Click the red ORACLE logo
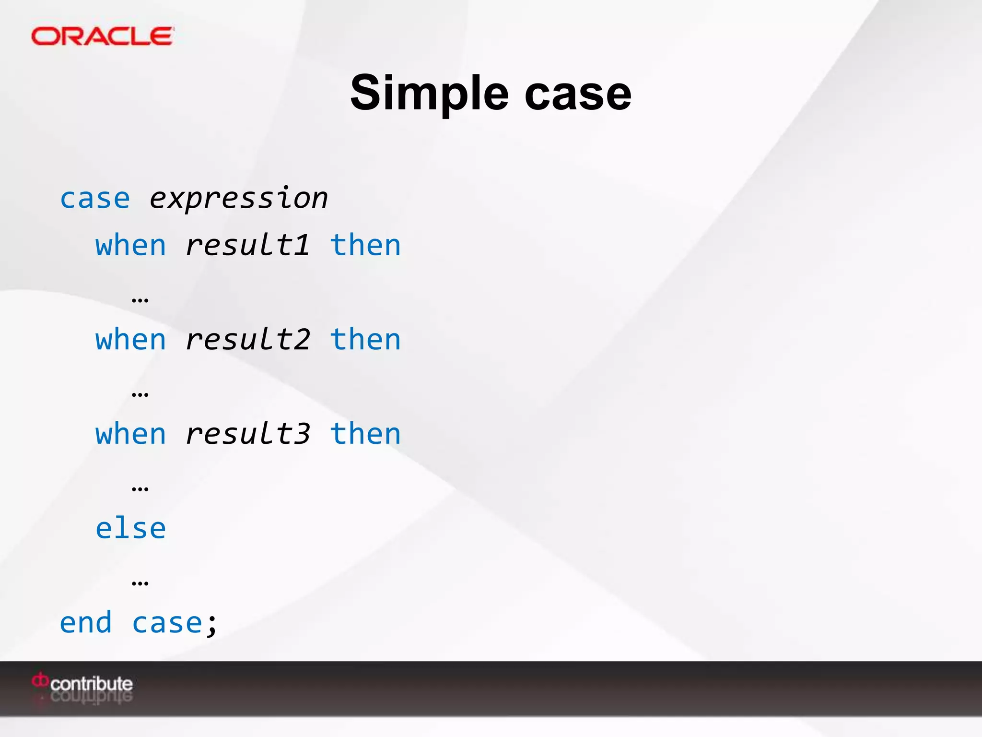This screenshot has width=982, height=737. [x=102, y=36]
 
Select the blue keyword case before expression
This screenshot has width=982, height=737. [x=95, y=199]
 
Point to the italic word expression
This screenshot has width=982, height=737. [x=238, y=199]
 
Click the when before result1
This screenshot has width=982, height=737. [x=130, y=246]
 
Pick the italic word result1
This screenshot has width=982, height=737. [x=247, y=246]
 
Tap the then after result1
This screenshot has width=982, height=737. [x=365, y=246]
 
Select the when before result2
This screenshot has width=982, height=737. [x=130, y=340]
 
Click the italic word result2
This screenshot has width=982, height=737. [x=247, y=340]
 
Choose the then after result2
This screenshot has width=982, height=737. [x=365, y=340]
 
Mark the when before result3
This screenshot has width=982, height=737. [x=130, y=434]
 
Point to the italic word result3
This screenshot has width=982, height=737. [x=247, y=434]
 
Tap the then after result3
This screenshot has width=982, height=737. [x=365, y=434]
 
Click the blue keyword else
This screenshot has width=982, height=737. [x=130, y=529]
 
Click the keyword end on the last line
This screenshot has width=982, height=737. [x=85, y=623]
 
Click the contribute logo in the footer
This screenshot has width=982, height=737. [x=82, y=683]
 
